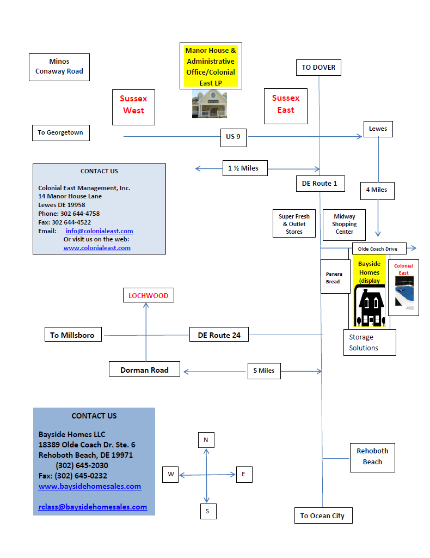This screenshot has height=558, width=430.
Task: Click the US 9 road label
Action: click(x=233, y=137)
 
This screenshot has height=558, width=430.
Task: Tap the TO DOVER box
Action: click(x=318, y=68)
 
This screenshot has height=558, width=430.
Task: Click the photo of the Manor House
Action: click(x=210, y=104)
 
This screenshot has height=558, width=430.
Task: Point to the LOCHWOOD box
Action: click(x=149, y=295)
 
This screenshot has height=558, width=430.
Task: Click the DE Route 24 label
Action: click(x=219, y=335)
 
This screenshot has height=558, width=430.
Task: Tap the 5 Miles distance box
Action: click(x=264, y=371)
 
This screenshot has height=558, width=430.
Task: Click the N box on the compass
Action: click(x=206, y=440)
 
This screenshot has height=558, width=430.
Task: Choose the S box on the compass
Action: click(x=208, y=511)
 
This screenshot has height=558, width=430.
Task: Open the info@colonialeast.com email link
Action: click(x=100, y=231)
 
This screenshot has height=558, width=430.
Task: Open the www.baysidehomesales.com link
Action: click(x=90, y=486)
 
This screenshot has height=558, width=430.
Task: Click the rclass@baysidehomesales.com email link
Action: click(x=93, y=507)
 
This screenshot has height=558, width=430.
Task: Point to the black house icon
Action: click(x=370, y=306)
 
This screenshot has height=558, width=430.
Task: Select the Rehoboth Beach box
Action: click(x=372, y=458)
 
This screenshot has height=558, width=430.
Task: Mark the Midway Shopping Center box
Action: click(x=344, y=225)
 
